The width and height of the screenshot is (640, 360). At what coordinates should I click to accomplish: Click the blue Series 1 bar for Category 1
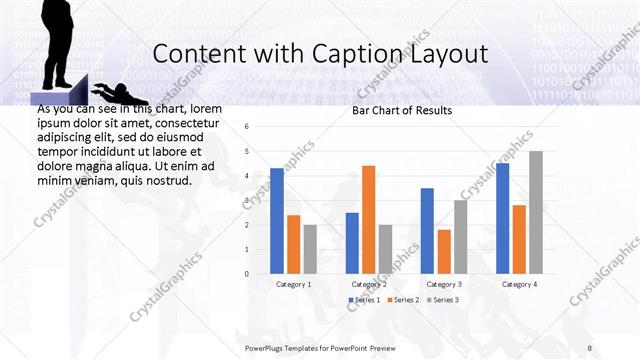coord(277,221)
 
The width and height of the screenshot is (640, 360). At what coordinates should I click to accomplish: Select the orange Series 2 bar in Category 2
coord(368,219)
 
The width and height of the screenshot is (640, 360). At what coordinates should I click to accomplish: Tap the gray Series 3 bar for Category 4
coord(536,212)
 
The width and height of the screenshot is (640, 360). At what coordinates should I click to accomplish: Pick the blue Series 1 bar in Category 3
coord(427,231)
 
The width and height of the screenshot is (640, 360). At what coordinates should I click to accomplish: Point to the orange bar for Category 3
coord(444,252)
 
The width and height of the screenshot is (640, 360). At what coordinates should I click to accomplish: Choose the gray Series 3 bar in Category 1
coord(310,249)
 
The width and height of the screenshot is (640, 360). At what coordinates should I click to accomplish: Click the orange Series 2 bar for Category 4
coord(519,239)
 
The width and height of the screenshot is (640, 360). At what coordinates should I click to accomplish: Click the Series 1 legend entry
coord(362,300)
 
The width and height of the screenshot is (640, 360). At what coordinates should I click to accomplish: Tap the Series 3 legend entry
coord(441,300)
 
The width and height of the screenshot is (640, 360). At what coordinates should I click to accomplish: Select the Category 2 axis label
coord(368,284)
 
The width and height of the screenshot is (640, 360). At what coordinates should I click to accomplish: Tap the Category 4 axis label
coord(519,284)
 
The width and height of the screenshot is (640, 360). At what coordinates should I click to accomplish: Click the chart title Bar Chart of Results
coord(402,110)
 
